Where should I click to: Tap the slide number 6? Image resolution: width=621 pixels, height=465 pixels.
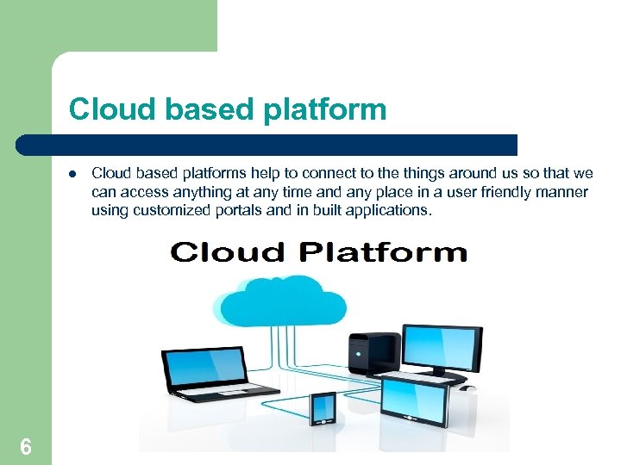tap(26, 446)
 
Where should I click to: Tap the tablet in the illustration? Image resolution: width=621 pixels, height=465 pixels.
tap(414, 400)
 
